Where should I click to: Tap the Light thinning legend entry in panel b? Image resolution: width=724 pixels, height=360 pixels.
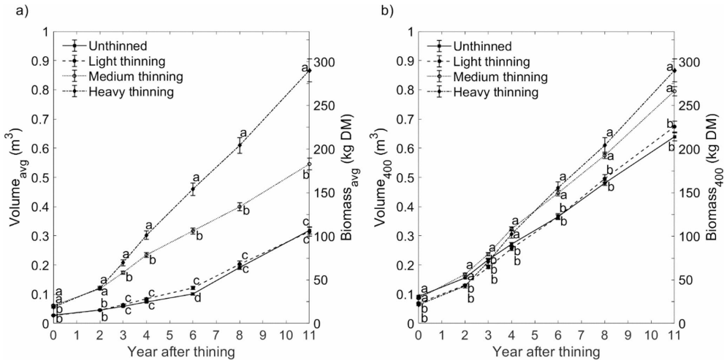(x=489, y=61)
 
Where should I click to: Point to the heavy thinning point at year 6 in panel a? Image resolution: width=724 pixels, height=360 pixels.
(x=193, y=189)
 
